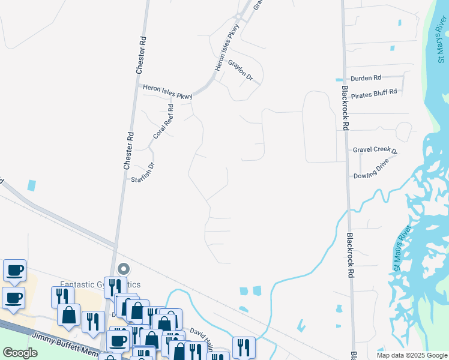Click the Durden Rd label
click(366, 78)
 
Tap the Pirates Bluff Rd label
click(374, 92)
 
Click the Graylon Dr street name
click(241, 70)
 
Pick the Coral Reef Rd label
click(163, 122)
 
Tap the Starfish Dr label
click(143, 172)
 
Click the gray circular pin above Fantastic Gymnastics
click(124, 269)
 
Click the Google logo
click(20, 353)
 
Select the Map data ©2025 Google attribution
click(411, 355)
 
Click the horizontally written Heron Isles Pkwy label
click(167, 92)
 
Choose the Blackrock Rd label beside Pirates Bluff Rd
click(345, 107)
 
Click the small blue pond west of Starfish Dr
click(31, 185)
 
